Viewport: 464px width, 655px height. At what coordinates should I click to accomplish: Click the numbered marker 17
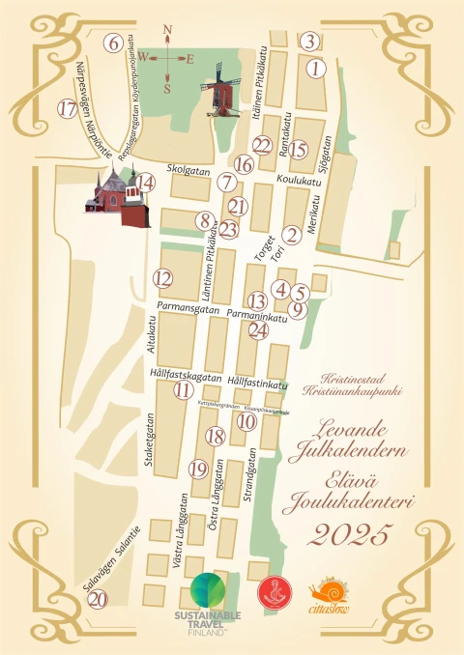pos(67,108)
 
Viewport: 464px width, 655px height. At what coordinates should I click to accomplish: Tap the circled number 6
pos(113,43)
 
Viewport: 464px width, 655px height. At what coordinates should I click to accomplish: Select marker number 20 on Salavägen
pos(97,598)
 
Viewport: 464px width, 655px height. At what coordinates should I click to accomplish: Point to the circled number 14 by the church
pos(145,182)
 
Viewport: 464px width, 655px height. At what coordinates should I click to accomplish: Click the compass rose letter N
pos(167,29)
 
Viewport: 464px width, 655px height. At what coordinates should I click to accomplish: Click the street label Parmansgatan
pos(184,307)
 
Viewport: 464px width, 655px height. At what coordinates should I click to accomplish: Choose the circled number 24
pos(257,329)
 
